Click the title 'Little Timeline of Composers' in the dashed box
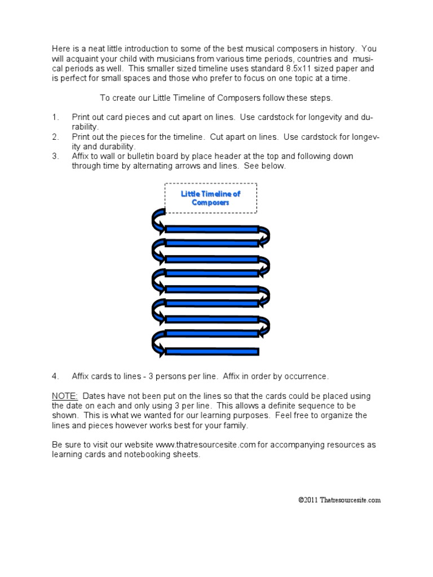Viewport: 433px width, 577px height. pyautogui.click(x=210, y=198)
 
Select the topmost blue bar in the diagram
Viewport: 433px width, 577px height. pyautogui.click(x=211, y=229)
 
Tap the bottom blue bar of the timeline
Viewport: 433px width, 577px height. pyautogui.click(x=211, y=352)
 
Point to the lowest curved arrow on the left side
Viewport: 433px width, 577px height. pyautogui.click(x=157, y=343)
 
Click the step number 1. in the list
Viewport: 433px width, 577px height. pyautogui.click(x=55, y=117)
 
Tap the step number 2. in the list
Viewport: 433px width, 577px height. pyautogui.click(x=55, y=137)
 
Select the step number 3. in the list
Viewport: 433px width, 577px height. pyautogui.click(x=55, y=156)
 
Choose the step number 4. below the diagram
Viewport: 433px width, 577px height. pyautogui.click(x=55, y=376)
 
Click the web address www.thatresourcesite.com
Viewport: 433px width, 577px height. pyautogui.click(x=206, y=445)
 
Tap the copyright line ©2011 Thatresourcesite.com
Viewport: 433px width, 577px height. pyautogui.click(x=339, y=500)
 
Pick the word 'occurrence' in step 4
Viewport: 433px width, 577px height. pyautogui.click(x=307, y=376)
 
